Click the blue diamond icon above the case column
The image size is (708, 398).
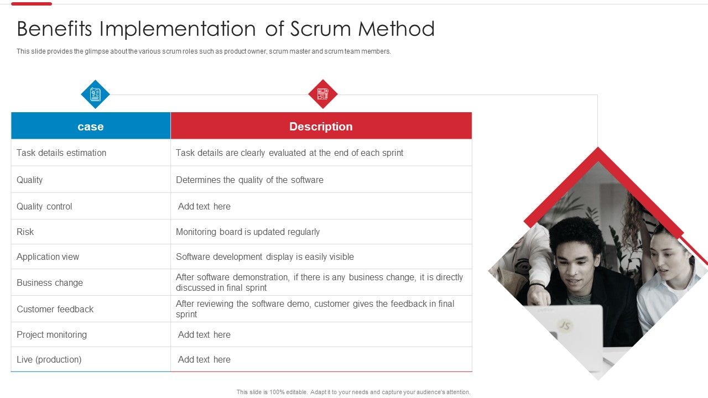95,95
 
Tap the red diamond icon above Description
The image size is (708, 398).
322,94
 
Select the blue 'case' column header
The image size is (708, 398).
91,126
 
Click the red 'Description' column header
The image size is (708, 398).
321,126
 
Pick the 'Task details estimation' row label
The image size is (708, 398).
61,153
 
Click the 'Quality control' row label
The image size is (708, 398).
44,206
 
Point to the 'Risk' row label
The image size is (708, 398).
25,232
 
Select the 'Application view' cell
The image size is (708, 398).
48,256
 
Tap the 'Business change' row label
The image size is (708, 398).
50,282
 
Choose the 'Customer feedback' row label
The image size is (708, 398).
55,309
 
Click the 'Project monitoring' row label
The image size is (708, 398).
51,334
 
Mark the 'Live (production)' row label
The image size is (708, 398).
49,359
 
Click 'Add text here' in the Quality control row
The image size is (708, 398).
204,206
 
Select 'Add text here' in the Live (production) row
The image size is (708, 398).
204,359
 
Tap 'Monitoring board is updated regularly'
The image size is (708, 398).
247,232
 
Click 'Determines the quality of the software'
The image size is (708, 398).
249,180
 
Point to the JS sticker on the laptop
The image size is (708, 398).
564,325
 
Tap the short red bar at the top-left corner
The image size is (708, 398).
32,4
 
